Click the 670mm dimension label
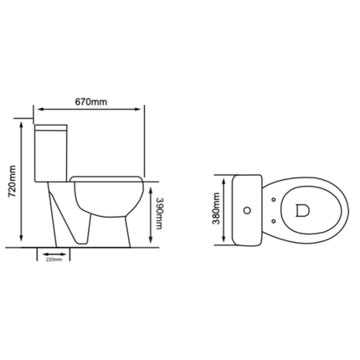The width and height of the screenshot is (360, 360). tap(91, 102)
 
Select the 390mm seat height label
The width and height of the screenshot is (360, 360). tap(159, 212)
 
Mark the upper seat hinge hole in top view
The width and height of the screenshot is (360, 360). tap(275, 198)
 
